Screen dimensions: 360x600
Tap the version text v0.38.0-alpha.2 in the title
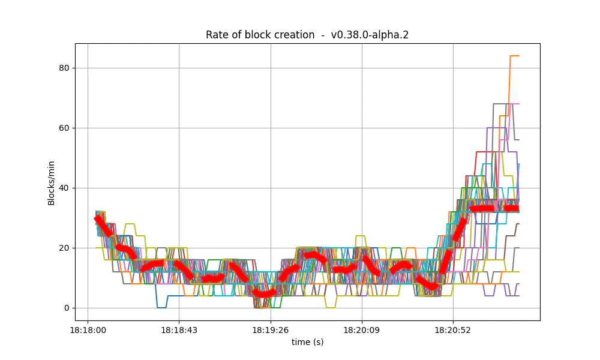(370, 35)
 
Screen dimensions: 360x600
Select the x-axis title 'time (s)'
(307, 342)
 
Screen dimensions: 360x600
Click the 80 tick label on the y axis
(64, 68)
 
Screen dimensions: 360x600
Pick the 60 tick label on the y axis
(64, 128)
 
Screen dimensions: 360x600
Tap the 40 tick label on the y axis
(64, 188)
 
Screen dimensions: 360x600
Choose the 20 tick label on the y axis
(64, 248)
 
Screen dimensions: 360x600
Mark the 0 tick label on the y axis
(67, 308)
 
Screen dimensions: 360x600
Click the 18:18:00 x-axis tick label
(88, 330)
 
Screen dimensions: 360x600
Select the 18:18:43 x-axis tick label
(179, 330)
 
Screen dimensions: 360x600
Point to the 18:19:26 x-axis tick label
(271, 330)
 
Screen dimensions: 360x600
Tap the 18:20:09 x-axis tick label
(362, 330)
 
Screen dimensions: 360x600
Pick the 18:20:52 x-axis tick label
(453, 330)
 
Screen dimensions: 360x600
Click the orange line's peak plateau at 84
(514, 56)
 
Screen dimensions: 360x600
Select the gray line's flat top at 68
(500, 104)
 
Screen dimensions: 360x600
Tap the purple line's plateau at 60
(496, 128)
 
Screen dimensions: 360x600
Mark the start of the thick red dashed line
(97, 218)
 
